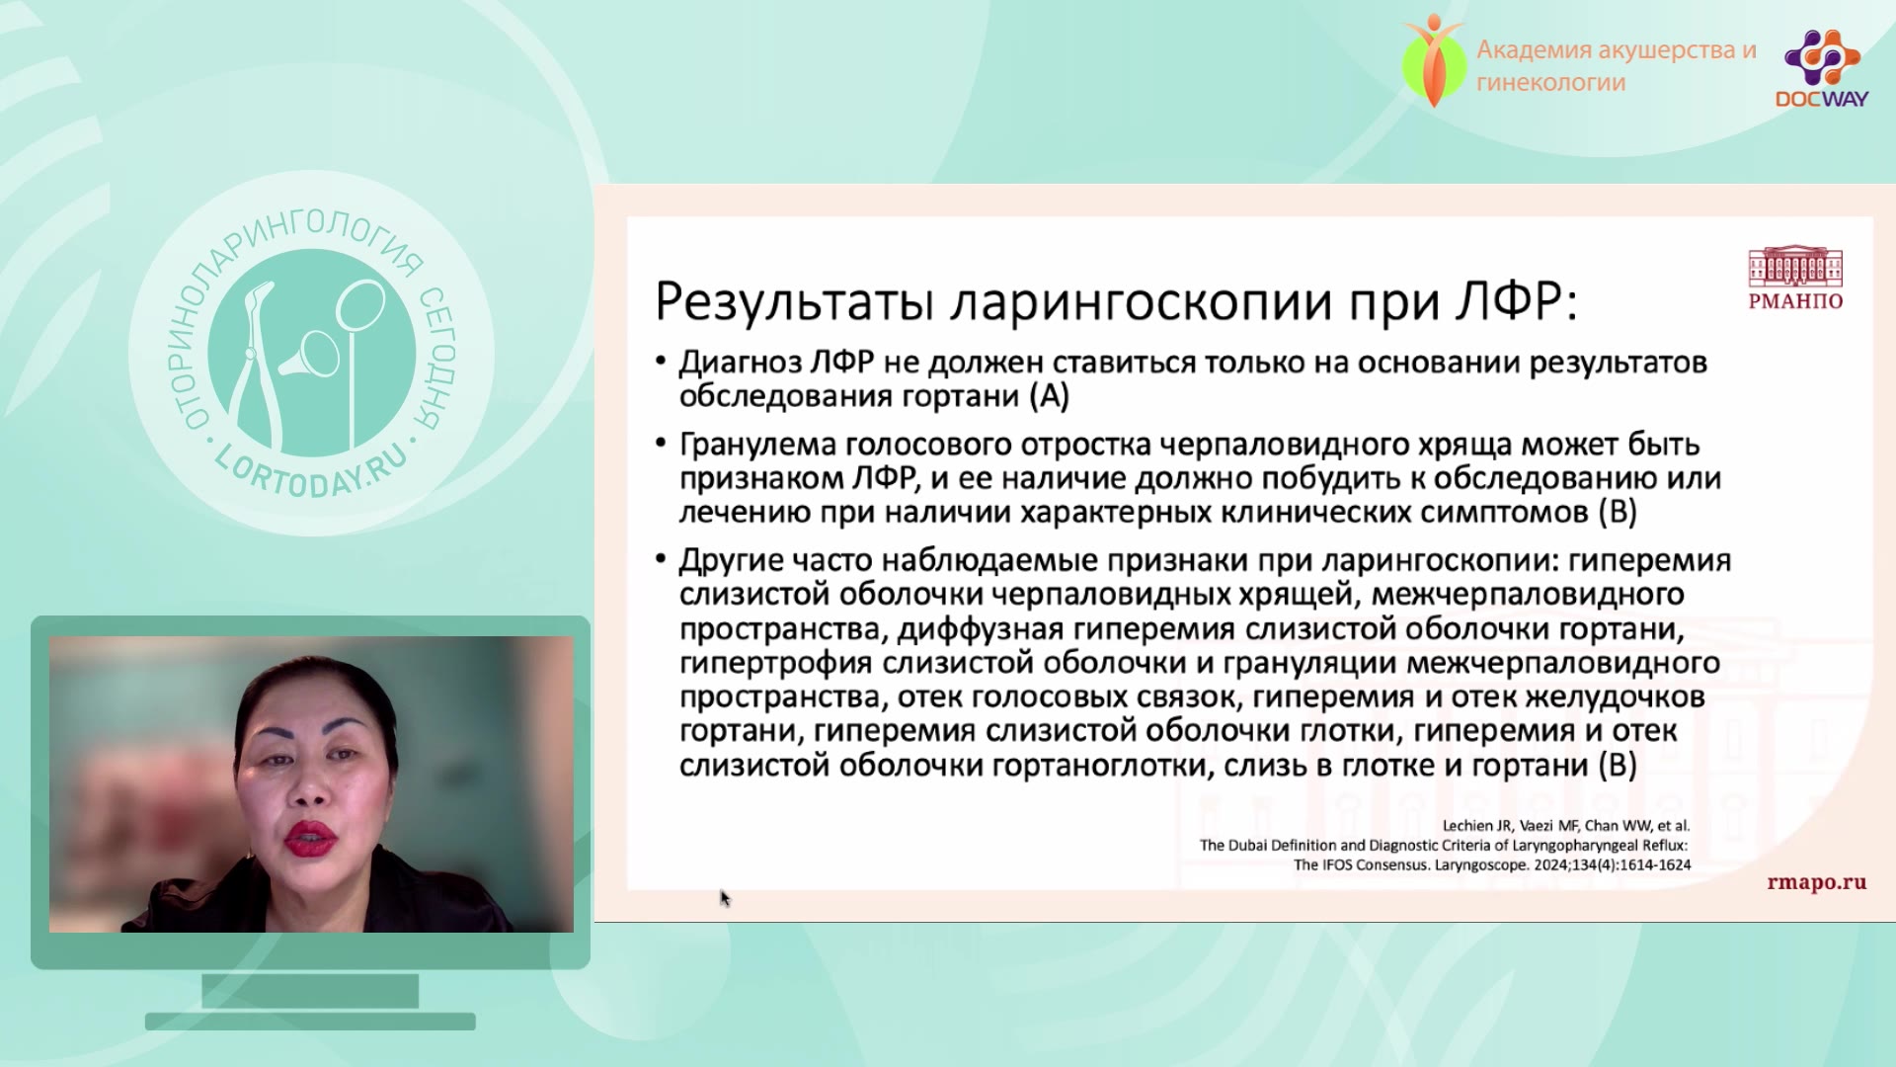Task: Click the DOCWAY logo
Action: click(1822, 67)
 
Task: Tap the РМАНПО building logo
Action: click(1795, 280)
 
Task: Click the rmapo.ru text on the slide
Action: click(1817, 882)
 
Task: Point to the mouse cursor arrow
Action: click(725, 897)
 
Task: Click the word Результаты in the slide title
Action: click(794, 301)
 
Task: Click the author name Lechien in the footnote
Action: click(1469, 825)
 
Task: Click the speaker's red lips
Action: click(309, 840)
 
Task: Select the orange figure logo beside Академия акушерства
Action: click(1434, 60)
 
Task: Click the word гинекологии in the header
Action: click(1550, 83)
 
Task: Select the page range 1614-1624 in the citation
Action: click(1651, 864)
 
